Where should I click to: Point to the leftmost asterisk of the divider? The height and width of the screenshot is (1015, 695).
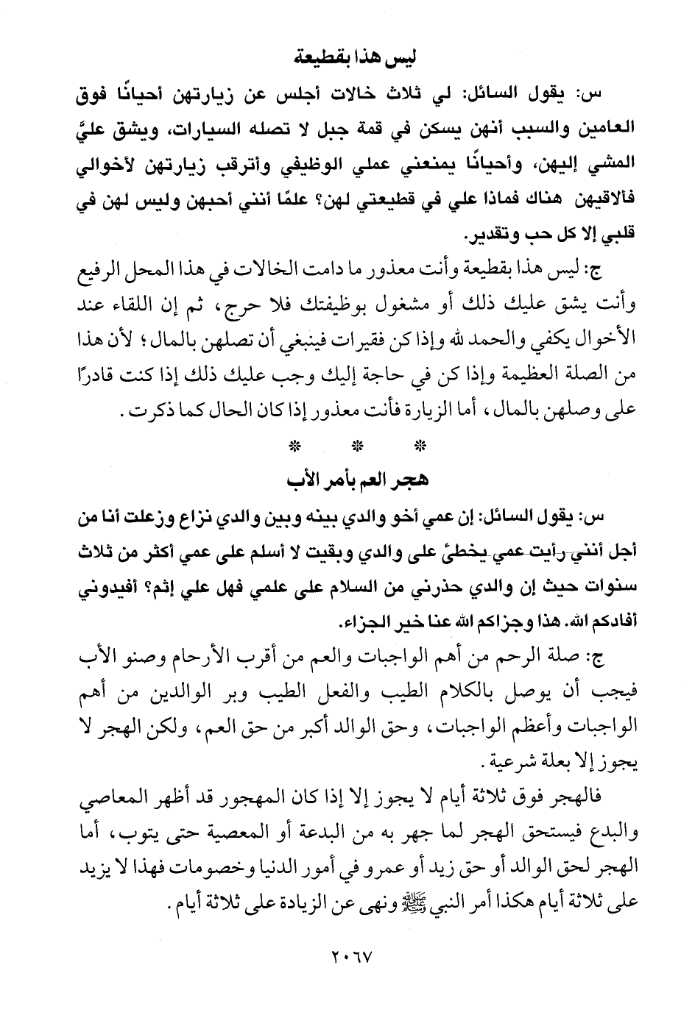pos(294,446)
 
